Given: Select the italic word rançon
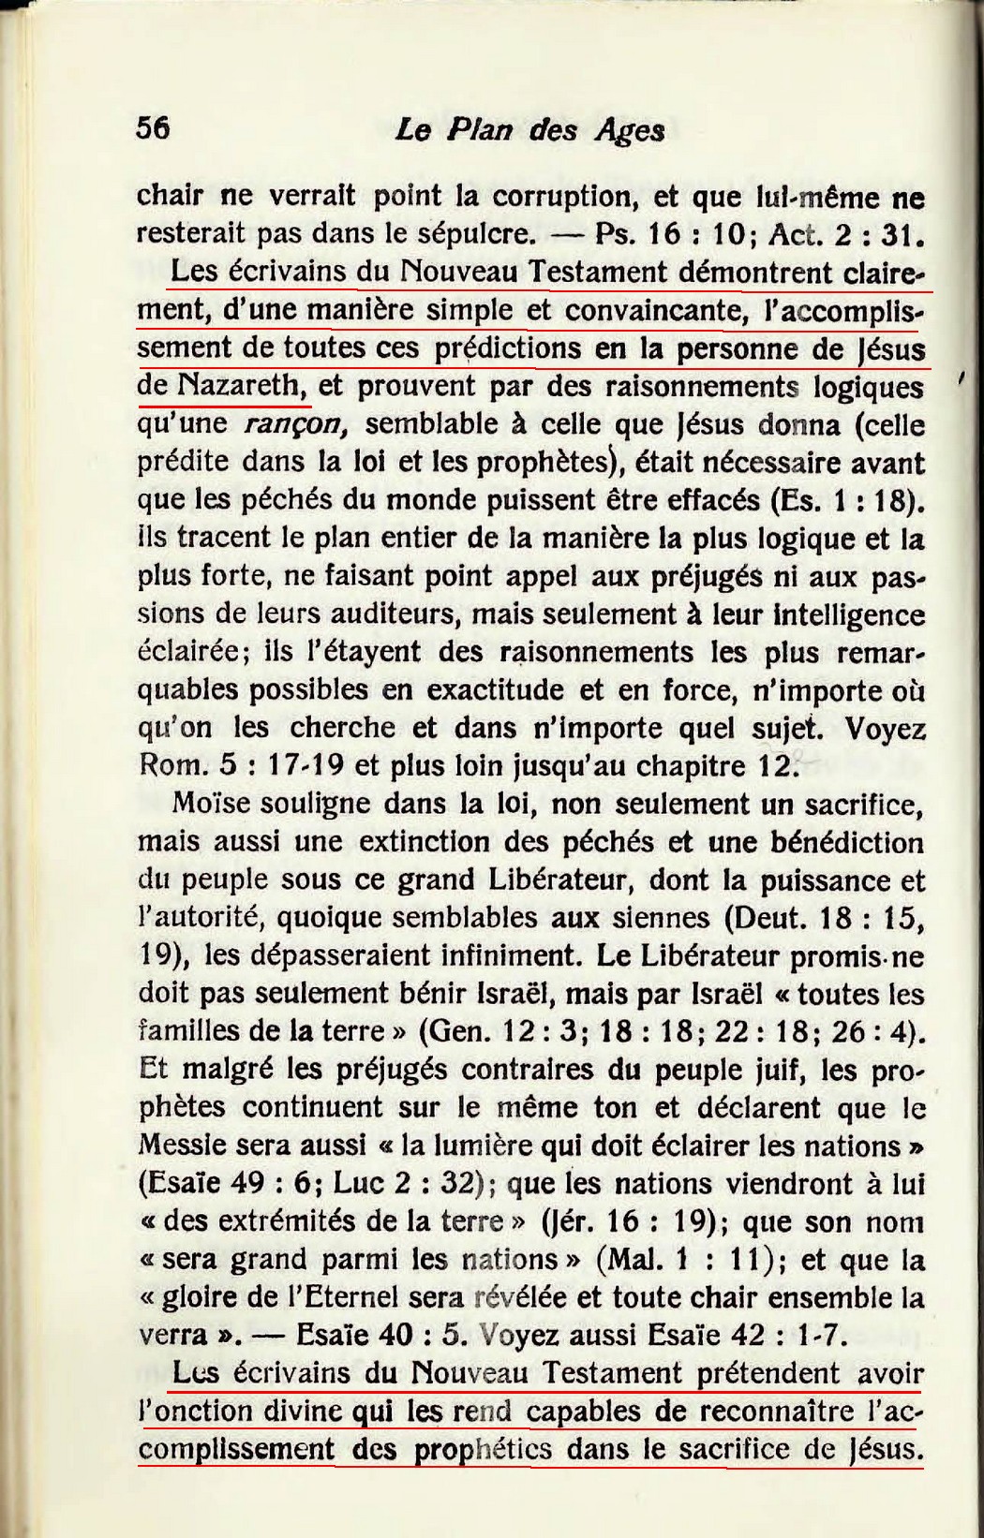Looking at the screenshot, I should (296, 424).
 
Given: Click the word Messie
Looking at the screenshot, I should (175, 1146).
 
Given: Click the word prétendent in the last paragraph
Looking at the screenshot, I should (769, 1374).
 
